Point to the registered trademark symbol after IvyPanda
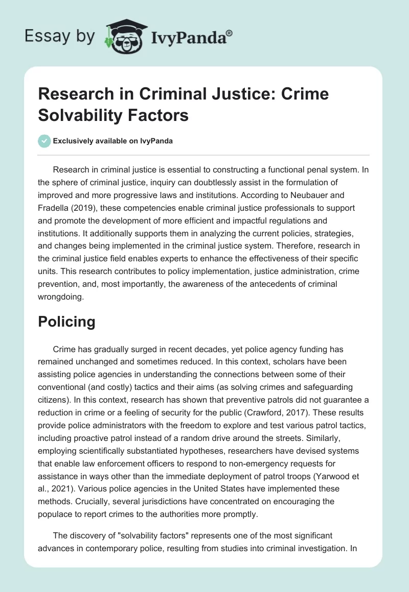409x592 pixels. (230, 32)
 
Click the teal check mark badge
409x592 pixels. (45, 141)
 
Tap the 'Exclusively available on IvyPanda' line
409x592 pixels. (113, 141)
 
